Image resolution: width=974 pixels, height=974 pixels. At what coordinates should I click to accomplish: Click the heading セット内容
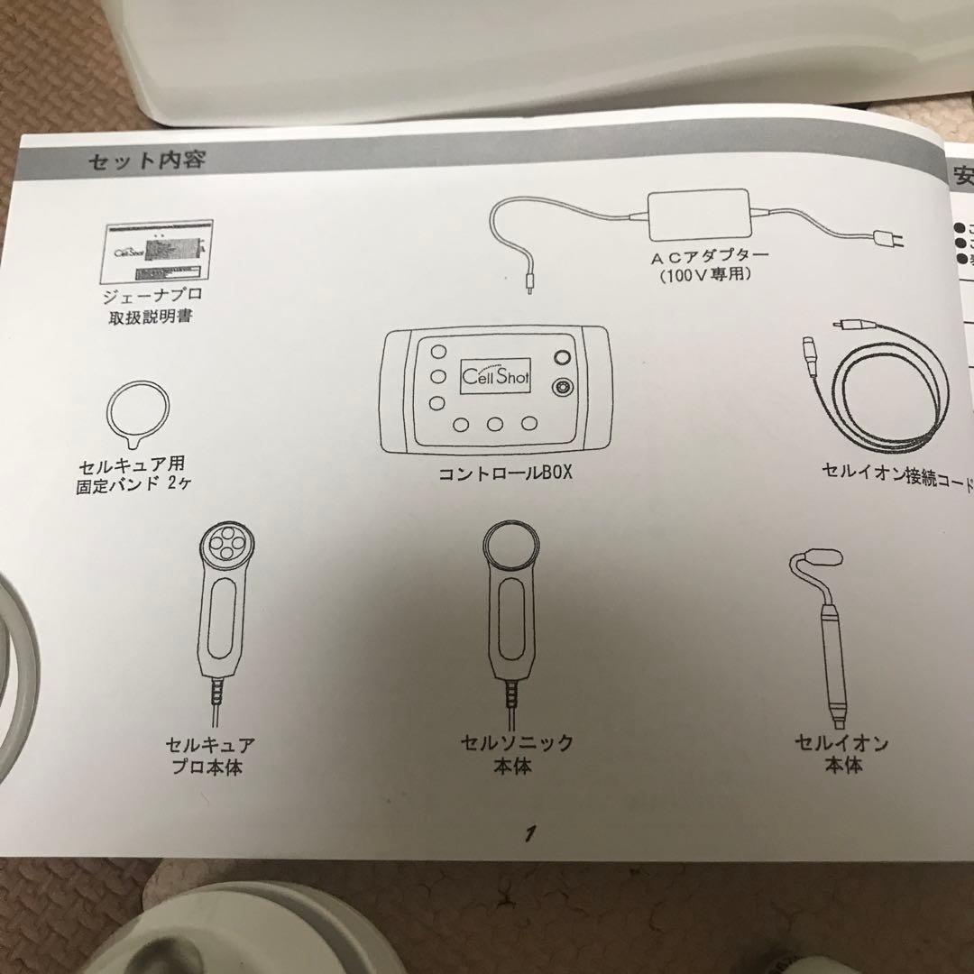(x=146, y=161)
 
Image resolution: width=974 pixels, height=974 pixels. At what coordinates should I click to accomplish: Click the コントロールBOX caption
(x=505, y=472)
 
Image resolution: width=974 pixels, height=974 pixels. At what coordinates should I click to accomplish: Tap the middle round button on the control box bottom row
(x=495, y=425)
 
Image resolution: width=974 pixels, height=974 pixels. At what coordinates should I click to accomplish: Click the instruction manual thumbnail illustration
(x=159, y=253)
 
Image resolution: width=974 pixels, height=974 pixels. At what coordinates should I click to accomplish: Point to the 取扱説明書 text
(x=158, y=317)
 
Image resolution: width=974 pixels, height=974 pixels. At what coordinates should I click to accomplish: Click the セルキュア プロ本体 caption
(x=209, y=757)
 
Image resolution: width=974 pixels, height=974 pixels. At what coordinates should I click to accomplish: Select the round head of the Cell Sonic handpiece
(x=511, y=547)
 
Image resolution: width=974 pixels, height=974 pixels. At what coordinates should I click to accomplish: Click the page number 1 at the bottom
(x=531, y=832)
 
